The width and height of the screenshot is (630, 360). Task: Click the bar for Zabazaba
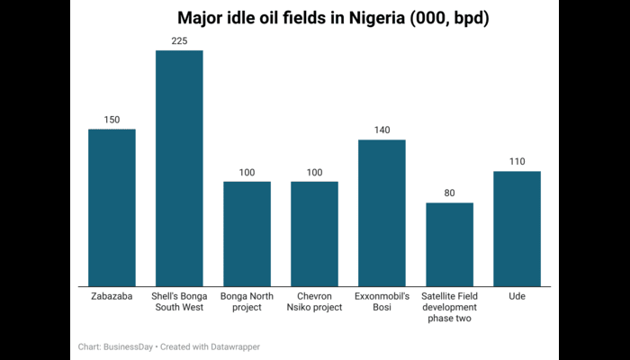click(112, 208)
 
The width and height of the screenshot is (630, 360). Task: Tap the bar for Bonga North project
click(247, 234)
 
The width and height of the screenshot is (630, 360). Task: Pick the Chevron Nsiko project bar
click(314, 234)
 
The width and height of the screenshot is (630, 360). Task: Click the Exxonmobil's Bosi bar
click(382, 213)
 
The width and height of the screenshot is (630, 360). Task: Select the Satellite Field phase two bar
click(449, 245)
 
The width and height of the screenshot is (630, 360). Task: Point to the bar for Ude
click(517, 229)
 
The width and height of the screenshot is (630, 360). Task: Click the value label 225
click(179, 40)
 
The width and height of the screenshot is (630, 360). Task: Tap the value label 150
click(112, 120)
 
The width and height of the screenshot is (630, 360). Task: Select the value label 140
click(382, 130)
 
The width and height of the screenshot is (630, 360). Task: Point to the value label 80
click(449, 193)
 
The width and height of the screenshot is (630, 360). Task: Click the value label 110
click(517, 162)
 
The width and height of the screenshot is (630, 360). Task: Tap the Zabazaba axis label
click(112, 296)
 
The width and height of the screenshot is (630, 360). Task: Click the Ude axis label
click(517, 296)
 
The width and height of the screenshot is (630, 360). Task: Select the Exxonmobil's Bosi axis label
click(382, 301)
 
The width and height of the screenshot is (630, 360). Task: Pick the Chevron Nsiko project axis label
click(314, 301)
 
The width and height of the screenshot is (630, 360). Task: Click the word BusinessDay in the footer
click(127, 346)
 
